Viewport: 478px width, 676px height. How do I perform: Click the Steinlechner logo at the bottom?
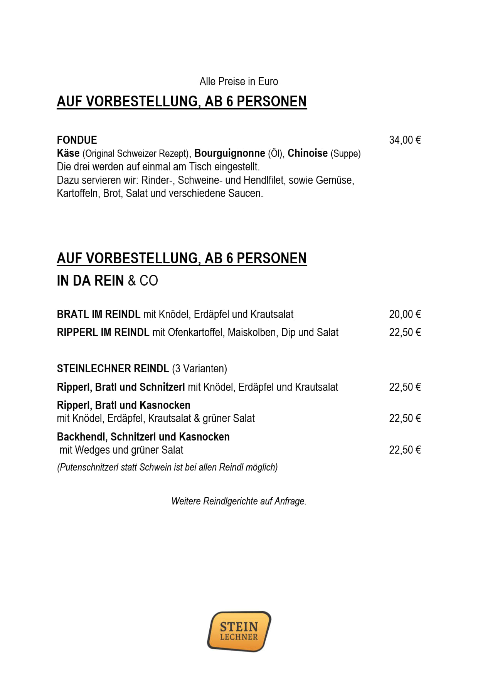coord(239,631)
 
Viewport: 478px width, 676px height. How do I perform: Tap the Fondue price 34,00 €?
coord(405,140)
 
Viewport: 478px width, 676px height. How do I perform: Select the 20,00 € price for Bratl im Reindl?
coord(405,314)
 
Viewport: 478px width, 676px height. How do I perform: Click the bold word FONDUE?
coord(77,140)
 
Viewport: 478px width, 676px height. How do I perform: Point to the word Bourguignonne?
coord(229,153)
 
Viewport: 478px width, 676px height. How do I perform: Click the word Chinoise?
coord(307,153)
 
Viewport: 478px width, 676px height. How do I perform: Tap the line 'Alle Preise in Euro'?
coord(239,82)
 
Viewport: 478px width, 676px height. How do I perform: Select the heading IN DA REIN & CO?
coord(107,281)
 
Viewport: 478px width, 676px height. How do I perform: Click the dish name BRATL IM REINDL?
coord(98,314)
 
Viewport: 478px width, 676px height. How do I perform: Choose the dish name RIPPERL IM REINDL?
coord(103,333)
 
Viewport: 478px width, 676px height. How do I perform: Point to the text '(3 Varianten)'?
coord(199,369)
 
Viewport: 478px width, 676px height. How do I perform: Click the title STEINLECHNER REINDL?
coord(113,369)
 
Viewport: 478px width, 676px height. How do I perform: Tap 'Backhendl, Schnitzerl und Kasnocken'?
coord(143,437)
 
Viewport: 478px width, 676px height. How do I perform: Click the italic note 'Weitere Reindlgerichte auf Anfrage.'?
coord(239,501)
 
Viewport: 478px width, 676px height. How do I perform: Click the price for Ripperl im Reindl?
coord(405,333)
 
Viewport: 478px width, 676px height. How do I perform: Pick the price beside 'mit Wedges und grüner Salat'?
coord(405,450)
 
